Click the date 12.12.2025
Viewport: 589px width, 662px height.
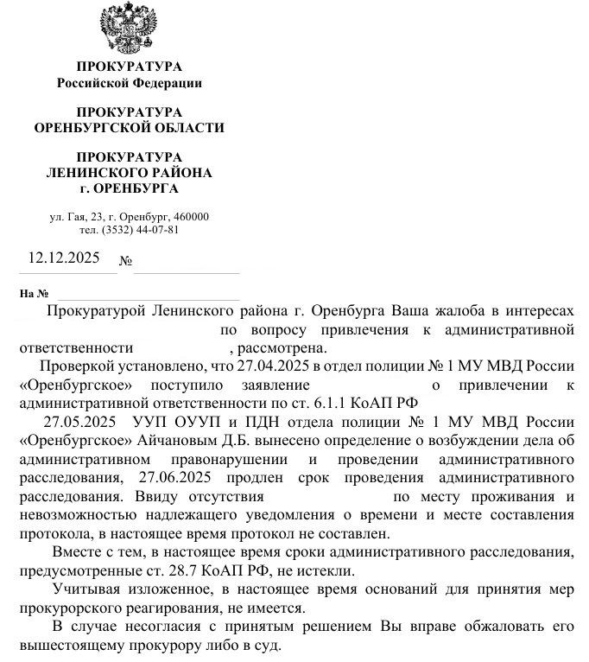pyautogui.click(x=64, y=258)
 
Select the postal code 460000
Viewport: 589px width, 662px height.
pyautogui.click(x=191, y=216)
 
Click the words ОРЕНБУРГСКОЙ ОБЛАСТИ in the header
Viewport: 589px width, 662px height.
pyautogui.click(x=129, y=128)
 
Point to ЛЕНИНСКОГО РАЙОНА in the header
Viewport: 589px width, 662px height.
pyautogui.click(x=129, y=173)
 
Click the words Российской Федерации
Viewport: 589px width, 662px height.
pyautogui.click(x=129, y=83)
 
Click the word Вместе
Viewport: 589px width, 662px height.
pyautogui.click(x=76, y=551)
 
